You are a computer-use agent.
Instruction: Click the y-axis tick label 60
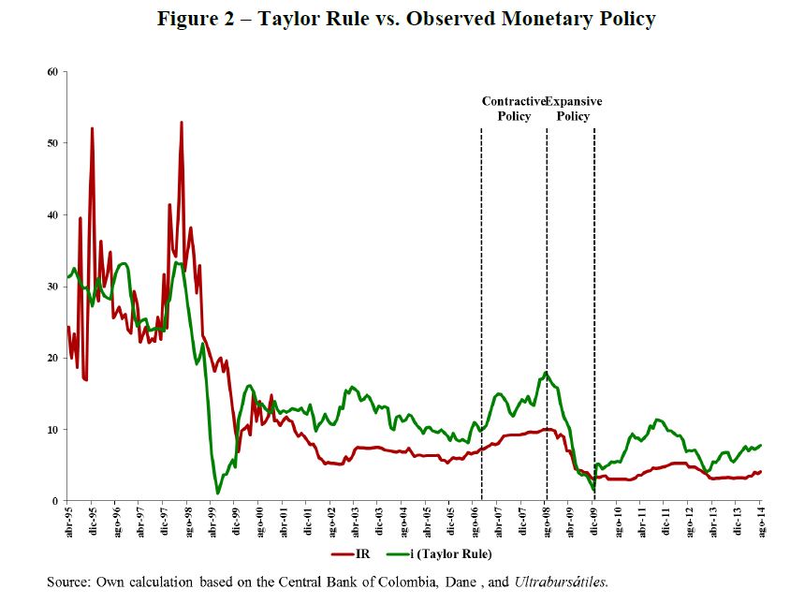tap(52, 71)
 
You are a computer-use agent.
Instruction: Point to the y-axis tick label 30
tap(52, 287)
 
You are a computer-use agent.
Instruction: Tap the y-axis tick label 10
tap(52, 430)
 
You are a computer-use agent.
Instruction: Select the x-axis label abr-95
tap(67, 520)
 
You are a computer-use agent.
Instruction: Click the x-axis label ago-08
tap(547, 520)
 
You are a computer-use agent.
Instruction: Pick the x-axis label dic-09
tap(594, 520)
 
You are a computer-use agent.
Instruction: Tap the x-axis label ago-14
tap(761, 520)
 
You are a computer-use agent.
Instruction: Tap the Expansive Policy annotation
tap(573, 109)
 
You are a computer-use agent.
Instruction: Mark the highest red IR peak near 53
tap(181, 123)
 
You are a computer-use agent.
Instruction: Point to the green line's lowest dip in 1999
tap(218, 492)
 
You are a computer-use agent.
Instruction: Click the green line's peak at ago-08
tap(546, 373)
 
